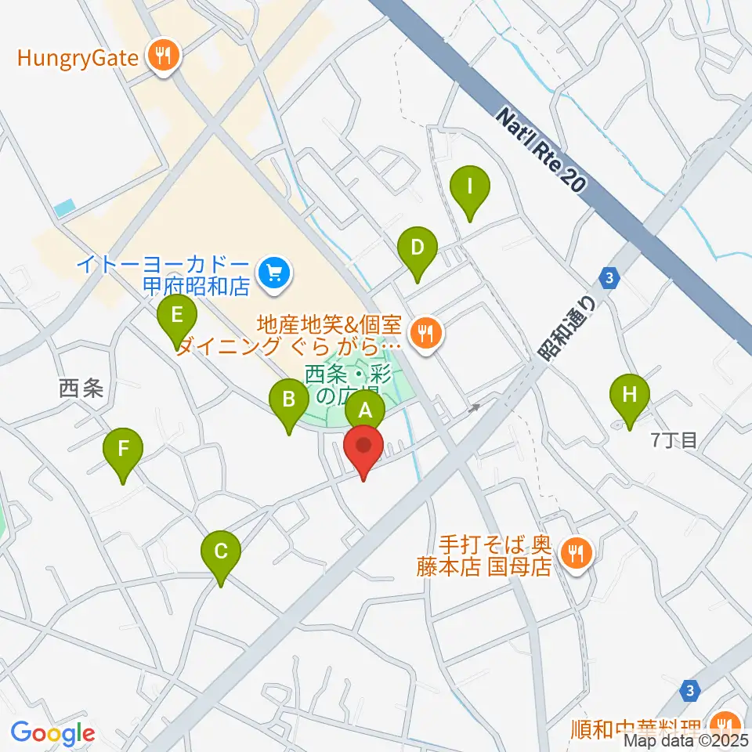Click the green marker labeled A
365,409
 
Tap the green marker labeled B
288,401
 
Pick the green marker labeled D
417,249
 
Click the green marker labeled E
177,316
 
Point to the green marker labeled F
123,450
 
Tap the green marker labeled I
469,188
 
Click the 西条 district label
81,388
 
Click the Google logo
52,733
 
